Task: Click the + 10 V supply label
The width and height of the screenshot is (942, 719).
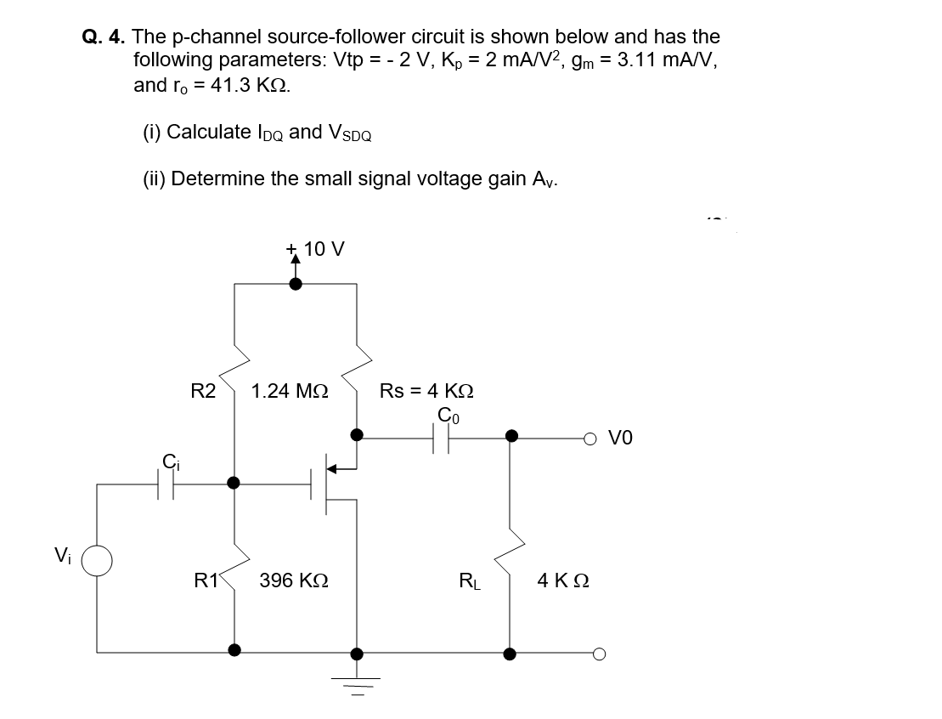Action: (x=316, y=249)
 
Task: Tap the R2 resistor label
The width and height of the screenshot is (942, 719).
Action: (x=203, y=391)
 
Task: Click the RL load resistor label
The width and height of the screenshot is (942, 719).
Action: (x=467, y=582)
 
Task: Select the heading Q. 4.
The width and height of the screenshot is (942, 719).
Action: (x=103, y=37)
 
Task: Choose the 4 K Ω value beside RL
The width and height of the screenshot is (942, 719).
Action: (x=562, y=582)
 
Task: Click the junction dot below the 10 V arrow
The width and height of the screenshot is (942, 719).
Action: (x=295, y=285)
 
